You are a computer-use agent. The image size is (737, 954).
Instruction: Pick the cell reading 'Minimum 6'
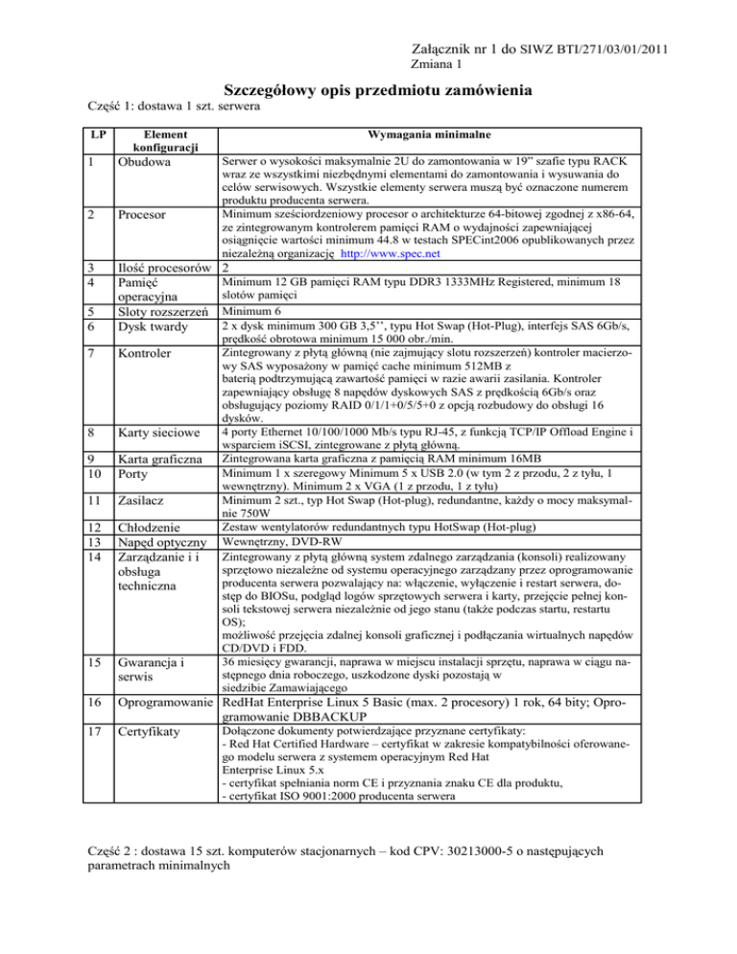[x=253, y=312]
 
